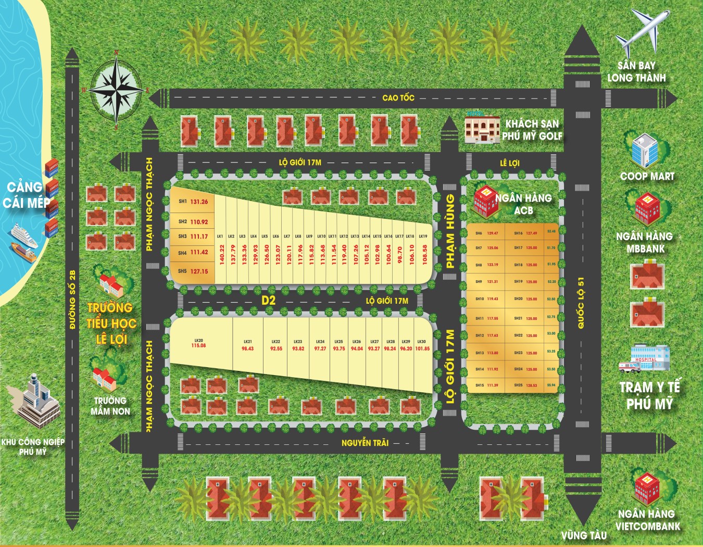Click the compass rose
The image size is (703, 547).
116,90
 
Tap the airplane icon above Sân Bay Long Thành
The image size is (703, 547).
641,34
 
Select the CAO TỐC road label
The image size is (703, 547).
398,97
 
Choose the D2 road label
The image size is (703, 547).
268,301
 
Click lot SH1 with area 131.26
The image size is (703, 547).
193,202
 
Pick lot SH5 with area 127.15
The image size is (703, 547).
193,271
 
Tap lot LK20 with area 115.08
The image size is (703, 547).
198,343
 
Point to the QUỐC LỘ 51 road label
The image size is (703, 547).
581,302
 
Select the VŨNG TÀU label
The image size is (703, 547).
584,535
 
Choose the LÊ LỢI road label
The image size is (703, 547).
509,163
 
